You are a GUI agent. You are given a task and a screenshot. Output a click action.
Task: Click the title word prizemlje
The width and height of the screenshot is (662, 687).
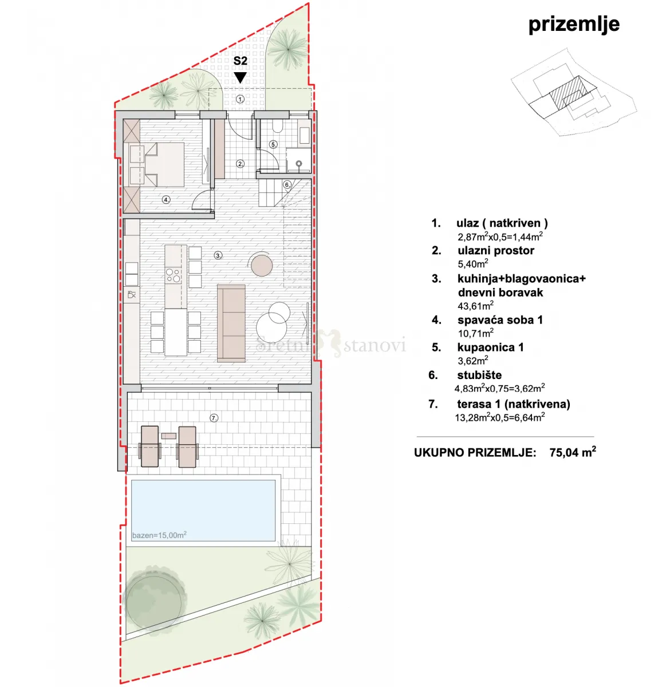[x=574, y=25]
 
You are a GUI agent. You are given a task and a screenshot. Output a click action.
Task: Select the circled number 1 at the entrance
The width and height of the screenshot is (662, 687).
[x=241, y=99]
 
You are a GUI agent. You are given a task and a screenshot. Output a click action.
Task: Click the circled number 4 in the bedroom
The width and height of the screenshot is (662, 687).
[x=166, y=199]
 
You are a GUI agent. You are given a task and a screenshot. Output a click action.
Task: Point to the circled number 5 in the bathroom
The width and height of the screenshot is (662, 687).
[x=273, y=144]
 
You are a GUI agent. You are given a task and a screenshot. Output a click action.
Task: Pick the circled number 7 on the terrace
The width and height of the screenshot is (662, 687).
[x=214, y=418]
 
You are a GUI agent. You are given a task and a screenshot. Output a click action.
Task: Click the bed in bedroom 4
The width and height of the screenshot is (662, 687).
[x=156, y=164]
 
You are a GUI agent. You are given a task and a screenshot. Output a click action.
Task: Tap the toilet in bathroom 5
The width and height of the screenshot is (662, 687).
[x=278, y=126]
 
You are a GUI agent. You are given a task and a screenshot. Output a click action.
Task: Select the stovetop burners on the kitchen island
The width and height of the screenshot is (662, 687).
[x=174, y=275]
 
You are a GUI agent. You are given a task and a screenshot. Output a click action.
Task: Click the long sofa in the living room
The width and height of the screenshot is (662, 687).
[x=231, y=323]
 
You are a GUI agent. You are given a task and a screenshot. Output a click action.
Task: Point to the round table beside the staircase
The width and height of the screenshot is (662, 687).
[x=262, y=264]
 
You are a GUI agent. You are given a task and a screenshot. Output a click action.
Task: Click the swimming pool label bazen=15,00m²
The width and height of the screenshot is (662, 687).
[x=159, y=535]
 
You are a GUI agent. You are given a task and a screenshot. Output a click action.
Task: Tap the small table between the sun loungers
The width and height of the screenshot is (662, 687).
[x=168, y=436]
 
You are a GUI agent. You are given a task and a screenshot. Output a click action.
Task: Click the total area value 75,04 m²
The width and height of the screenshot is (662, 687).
[x=573, y=452]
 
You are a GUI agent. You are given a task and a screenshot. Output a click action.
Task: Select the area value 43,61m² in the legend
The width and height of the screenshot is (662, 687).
[x=475, y=305]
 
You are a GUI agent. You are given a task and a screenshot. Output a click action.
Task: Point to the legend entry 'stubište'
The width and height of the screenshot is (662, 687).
[x=479, y=375]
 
